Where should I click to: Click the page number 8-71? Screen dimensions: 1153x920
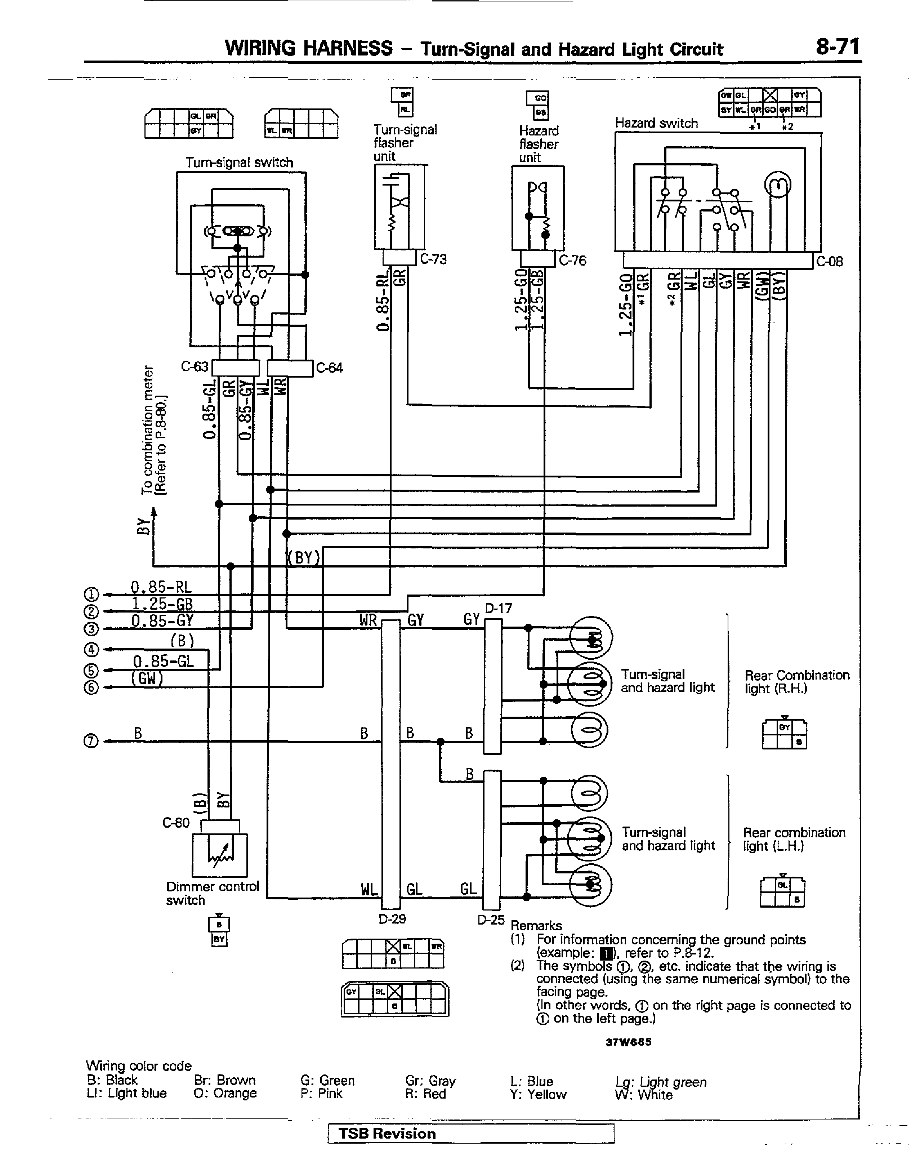tap(837, 47)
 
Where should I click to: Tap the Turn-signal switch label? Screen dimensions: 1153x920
tap(239, 163)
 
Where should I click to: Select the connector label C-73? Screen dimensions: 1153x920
tap(433, 259)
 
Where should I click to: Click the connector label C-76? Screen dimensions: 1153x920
tap(572, 261)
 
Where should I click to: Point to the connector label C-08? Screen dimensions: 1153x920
tap(830, 262)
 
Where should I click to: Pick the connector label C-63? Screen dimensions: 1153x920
tap(194, 367)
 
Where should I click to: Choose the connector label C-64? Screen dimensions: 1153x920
tap(329, 368)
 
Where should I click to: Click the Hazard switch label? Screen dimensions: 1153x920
tap(656, 123)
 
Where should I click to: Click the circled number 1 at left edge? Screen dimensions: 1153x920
tap(91, 595)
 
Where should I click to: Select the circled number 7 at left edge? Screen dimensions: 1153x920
tap(91, 741)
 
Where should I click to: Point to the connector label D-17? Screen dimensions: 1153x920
tap(498, 609)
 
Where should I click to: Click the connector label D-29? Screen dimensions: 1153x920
tap(392, 919)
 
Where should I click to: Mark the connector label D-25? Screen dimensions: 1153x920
tap(491, 920)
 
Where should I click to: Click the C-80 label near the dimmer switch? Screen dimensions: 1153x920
tap(176, 823)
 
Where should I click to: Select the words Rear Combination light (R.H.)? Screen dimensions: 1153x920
tap(796, 681)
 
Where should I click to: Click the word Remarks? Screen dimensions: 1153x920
tap(536, 926)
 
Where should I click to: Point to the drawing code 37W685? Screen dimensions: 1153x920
tap(628, 1042)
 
